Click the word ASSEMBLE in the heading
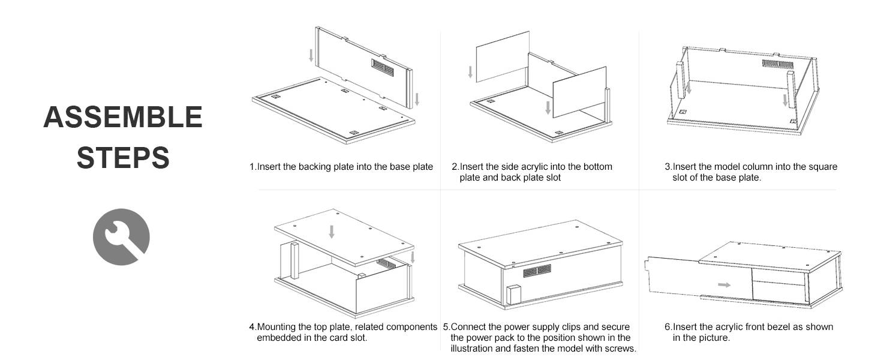pos(123,117)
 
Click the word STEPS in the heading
pos(123,157)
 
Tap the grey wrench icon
pos(121,236)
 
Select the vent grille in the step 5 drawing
pos(537,271)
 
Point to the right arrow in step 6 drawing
pos(724,284)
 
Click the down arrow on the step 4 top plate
pos(331,232)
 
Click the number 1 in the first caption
pos(252,167)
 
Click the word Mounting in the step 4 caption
pos(276,327)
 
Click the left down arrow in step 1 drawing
pos(311,56)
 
